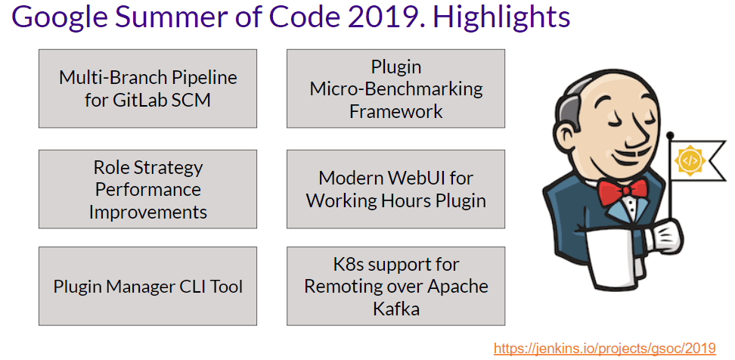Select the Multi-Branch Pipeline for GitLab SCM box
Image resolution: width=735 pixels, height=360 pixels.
[x=147, y=88]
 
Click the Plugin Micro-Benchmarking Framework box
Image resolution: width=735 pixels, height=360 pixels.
[x=395, y=88]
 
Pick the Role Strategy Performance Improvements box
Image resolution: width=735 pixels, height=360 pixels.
[x=147, y=189]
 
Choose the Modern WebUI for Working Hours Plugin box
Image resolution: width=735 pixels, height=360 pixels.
[x=395, y=189]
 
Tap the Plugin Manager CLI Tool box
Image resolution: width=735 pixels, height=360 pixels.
[x=147, y=286]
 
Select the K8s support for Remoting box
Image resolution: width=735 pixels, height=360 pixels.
[x=395, y=286]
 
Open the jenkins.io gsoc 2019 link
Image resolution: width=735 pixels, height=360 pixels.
[x=604, y=349]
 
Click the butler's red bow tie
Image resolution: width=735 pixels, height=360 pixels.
[x=622, y=191]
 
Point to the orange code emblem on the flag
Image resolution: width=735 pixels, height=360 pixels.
[x=689, y=160]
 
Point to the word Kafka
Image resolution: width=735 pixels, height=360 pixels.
[x=395, y=309]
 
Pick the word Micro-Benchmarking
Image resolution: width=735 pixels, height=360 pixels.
[x=395, y=88]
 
